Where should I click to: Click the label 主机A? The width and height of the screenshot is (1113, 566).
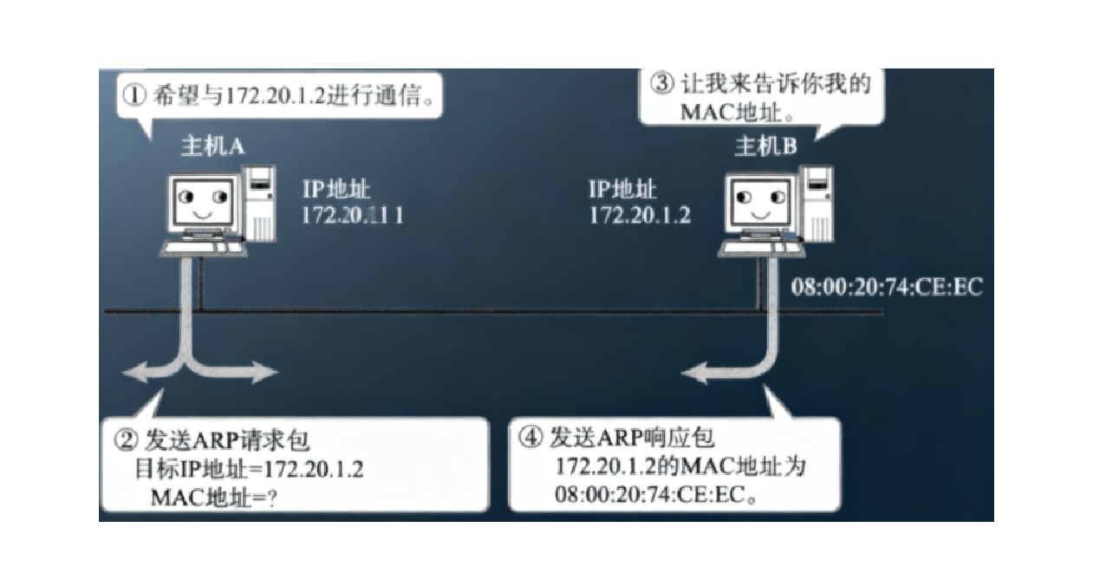coord(212,146)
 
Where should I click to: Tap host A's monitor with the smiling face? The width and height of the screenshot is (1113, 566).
coord(201,202)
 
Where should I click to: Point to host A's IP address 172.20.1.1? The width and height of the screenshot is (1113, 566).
coord(352,215)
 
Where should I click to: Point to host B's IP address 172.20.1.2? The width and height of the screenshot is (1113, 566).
coord(640,215)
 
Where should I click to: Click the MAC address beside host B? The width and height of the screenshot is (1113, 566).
coord(887,287)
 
